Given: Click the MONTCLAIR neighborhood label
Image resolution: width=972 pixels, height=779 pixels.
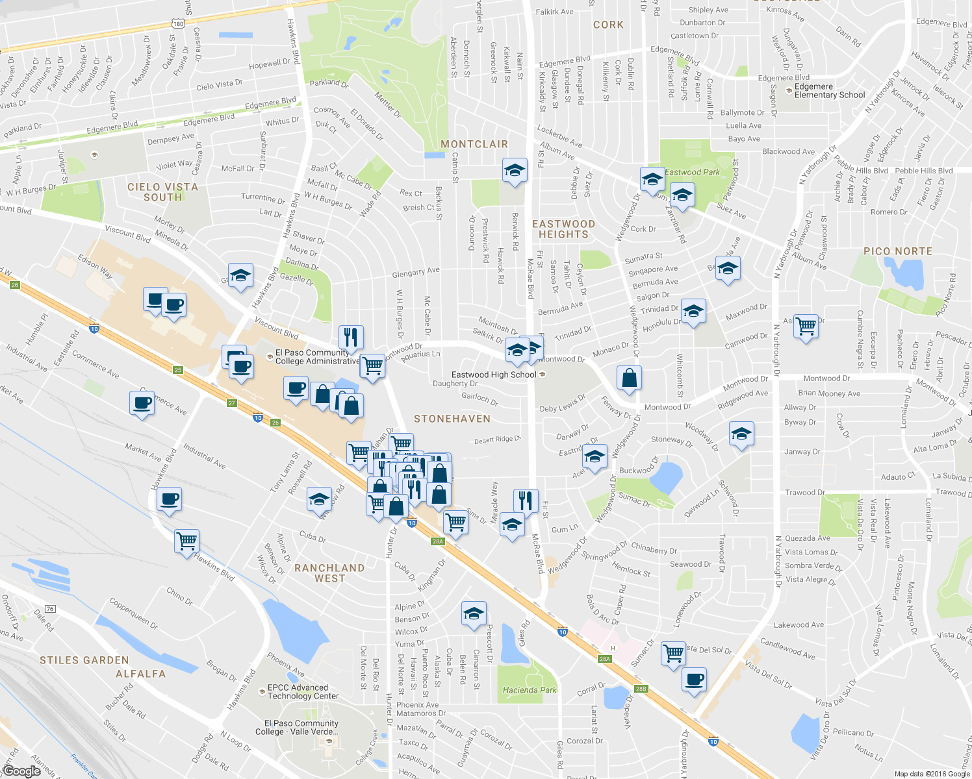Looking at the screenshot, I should click(474, 144).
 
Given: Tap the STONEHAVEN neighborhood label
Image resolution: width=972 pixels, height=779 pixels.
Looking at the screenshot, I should click(452, 419).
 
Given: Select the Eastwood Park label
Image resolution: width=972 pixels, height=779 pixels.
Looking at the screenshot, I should click(692, 172).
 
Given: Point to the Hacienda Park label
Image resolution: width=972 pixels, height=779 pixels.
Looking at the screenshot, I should click(530, 690).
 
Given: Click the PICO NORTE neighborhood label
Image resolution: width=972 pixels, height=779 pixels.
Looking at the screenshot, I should click(898, 251).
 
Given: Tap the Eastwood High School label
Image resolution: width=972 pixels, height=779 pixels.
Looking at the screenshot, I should click(494, 375).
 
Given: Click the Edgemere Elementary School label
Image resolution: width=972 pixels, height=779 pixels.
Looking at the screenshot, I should click(830, 91).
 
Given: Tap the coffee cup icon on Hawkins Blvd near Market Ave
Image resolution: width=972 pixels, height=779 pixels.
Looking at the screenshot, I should click(169, 499).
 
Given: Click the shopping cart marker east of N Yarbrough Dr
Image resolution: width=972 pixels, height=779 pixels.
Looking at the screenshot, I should click(806, 325).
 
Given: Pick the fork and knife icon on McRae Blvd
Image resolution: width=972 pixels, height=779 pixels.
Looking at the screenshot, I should click(525, 501).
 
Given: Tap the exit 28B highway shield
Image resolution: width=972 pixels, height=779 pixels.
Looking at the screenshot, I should click(641, 689).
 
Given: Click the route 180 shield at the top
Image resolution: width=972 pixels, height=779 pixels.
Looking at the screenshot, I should click(179, 24).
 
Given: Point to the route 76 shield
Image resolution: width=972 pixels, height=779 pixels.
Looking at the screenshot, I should click(51, 609).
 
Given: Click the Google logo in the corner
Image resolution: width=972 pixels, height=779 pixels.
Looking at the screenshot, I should click(21, 771).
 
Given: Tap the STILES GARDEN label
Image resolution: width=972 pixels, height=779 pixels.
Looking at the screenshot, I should click(84, 660).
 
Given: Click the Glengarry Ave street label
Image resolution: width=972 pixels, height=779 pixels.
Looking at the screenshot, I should click(416, 273).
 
